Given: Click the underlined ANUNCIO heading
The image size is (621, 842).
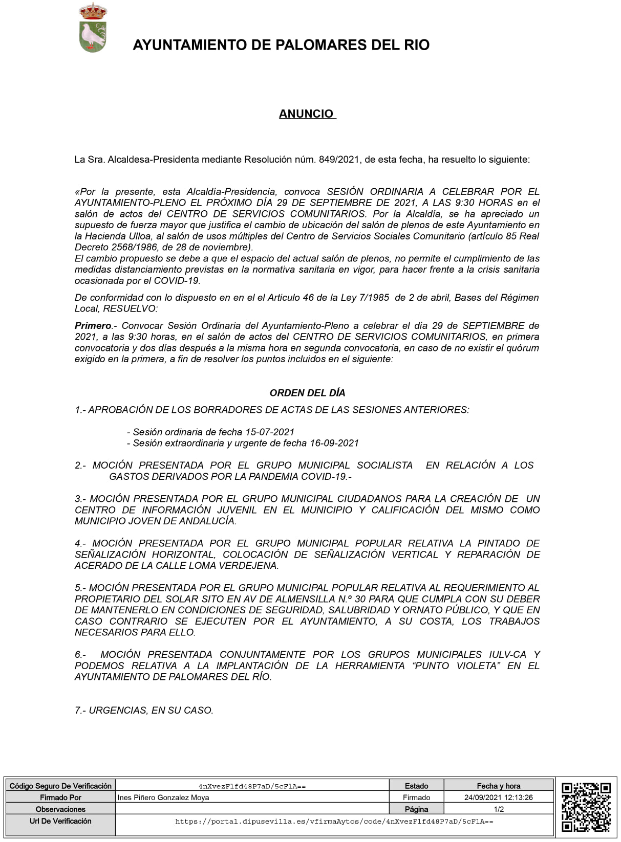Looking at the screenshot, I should point(306,114).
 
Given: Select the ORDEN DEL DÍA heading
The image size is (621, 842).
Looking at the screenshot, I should point(307,393).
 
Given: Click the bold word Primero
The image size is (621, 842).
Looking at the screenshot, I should point(93,326).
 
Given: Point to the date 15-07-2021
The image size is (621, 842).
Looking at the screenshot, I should point(270,432).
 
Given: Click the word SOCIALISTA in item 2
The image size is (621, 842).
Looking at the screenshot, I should point(384,466).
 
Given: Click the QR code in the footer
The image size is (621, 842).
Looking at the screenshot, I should point(586,807).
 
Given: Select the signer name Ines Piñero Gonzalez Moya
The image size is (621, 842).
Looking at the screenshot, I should point(163,797).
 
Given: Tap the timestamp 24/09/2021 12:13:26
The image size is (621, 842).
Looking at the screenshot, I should point(498,797).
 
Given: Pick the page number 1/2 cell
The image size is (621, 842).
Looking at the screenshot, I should point(498,809).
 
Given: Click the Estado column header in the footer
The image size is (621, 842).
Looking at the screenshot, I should point(416,786).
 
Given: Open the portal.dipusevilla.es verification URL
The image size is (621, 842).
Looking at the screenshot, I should point(334,822).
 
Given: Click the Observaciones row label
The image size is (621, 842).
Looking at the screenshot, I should point(60,809).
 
